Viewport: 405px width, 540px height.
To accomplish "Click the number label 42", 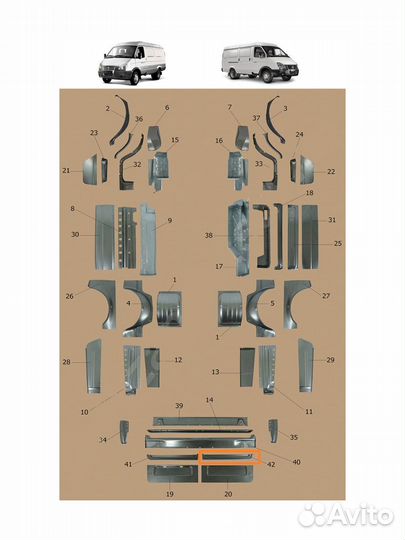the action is (x=271, y=465).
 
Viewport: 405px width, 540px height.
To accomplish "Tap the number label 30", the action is (x=75, y=235).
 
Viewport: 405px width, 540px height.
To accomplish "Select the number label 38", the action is (x=208, y=236).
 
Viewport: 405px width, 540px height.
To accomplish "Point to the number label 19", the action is (x=169, y=494).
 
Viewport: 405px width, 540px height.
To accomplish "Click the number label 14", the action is (x=209, y=400).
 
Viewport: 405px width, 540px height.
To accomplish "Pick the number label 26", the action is (x=70, y=296).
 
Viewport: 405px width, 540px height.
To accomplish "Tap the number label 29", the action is (x=330, y=360).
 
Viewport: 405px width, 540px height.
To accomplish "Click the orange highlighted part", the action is (x=230, y=457).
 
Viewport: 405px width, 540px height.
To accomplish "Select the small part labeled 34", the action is (x=124, y=432).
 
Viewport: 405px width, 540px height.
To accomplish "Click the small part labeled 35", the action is (x=273, y=430).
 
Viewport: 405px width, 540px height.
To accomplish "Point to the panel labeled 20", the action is (x=227, y=474).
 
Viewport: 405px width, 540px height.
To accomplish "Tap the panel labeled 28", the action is (x=93, y=366).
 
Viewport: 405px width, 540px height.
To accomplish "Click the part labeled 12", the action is (x=152, y=367).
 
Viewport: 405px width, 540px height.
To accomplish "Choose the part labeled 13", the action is (x=247, y=367).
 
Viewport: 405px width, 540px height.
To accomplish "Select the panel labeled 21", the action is (x=91, y=171).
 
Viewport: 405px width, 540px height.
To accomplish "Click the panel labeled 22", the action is (x=306, y=170).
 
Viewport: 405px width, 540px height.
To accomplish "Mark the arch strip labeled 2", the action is (x=119, y=121).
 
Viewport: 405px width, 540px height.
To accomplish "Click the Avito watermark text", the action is (x=345, y=516).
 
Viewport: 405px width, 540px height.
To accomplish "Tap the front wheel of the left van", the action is (x=135, y=79).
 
